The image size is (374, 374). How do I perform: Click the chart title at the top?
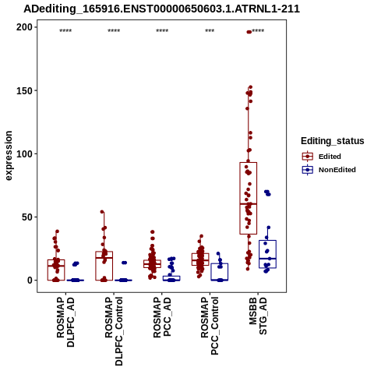coord(161,9)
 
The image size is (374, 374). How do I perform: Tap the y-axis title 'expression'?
coord(9,156)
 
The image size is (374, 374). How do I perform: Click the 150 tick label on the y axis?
coord(24,90)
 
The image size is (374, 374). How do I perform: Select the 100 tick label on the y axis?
coord(24,153)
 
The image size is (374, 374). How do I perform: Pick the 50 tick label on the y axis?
coord(27,217)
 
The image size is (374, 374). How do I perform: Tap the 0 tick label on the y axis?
coord(30,280)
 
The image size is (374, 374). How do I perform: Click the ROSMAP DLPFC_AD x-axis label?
coord(65,322)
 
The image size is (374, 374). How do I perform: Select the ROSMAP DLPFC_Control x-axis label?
coord(114,331)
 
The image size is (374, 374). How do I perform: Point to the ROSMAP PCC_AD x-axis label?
coord(162,317)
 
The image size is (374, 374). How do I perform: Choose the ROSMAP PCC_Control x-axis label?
coord(210,326)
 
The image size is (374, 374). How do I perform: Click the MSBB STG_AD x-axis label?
coord(258,316)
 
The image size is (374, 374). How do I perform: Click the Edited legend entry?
coord(322,157)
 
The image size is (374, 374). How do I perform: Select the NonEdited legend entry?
coord(329,170)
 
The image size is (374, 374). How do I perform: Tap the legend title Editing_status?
coord(333,141)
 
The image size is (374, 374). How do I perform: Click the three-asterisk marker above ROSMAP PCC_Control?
coord(210,31)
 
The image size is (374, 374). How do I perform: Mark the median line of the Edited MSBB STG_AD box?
coord(249,204)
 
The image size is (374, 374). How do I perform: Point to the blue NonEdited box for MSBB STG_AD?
coord(267,254)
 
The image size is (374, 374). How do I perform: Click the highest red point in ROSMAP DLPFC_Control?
coord(102,212)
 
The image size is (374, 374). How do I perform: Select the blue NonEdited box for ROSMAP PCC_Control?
coord(220,272)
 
